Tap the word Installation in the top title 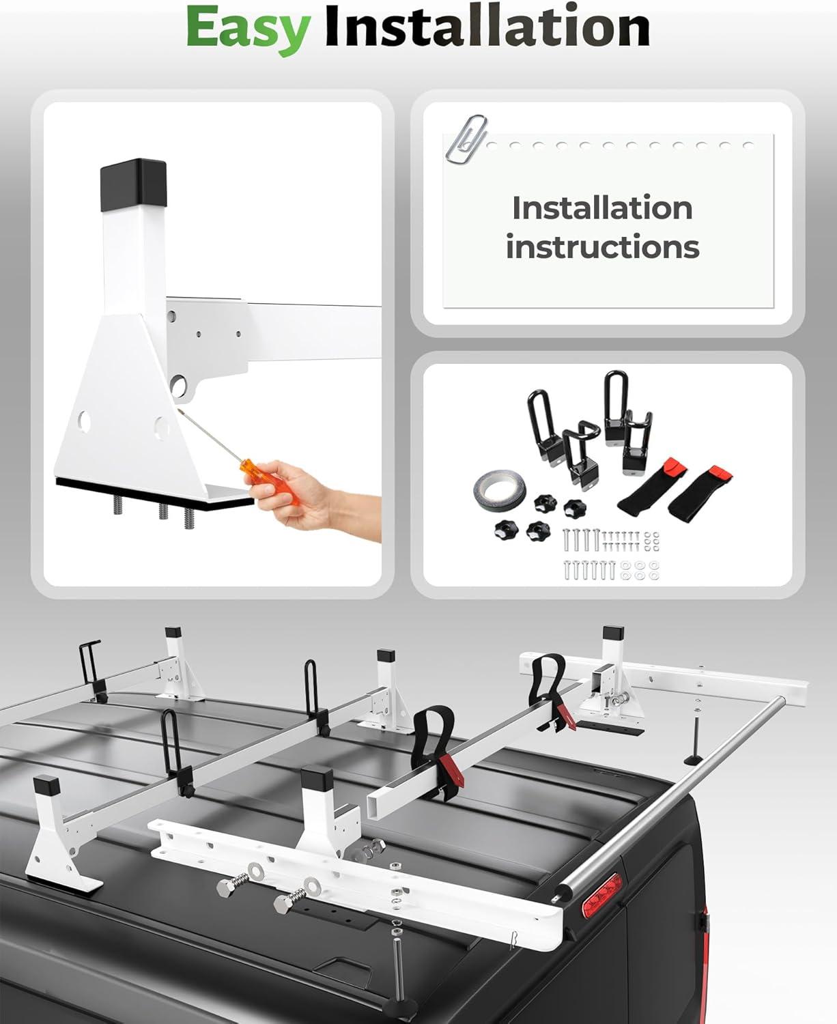pos(487,26)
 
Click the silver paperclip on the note pos(466,139)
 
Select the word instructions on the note pos(602,247)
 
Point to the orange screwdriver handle pos(272,482)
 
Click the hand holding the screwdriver pos(311,501)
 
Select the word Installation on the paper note pos(602,208)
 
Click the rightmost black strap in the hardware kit pos(700,492)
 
